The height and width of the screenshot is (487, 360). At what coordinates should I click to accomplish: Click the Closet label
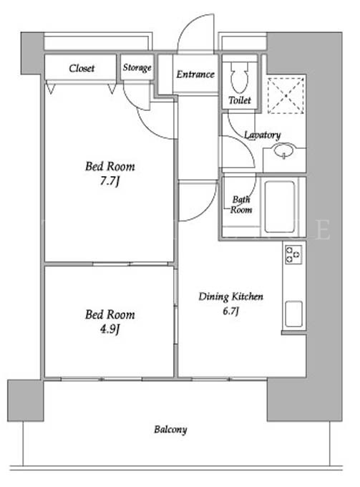pyautogui.click(x=82, y=68)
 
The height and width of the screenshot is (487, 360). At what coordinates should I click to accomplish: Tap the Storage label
pyautogui.click(x=137, y=68)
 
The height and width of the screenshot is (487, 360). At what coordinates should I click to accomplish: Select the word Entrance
pyautogui.click(x=195, y=74)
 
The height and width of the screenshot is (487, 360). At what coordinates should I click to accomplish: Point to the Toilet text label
pyautogui.click(x=240, y=100)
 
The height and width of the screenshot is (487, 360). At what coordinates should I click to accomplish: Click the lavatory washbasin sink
pyautogui.click(x=283, y=150)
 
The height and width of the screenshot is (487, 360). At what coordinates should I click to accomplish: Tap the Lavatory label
pyautogui.click(x=262, y=135)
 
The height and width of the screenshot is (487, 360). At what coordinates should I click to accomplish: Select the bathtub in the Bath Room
pyautogui.click(x=280, y=206)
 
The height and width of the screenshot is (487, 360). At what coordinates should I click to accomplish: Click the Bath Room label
pyautogui.click(x=241, y=204)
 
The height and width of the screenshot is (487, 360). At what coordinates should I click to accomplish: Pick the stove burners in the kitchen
pyautogui.click(x=293, y=255)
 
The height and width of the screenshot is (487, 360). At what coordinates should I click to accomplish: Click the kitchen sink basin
pyautogui.click(x=293, y=314)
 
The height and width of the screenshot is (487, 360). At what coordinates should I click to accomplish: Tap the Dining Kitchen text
pyautogui.click(x=230, y=296)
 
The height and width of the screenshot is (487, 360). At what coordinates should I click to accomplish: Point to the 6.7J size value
pyautogui.click(x=230, y=311)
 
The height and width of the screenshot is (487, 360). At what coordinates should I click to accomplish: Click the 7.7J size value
pyautogui.click(x=110, y=180)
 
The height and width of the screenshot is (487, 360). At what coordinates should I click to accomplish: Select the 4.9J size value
pyautogui.click(x=110, y=329)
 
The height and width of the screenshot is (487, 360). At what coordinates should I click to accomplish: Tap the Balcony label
pyautogui.click(x=170, y=430)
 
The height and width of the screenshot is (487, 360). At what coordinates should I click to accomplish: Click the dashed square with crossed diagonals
pyautogui.click(x=286, y=95)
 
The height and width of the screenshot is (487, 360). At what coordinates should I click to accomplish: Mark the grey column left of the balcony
pyautogui.click(x=26, y=400)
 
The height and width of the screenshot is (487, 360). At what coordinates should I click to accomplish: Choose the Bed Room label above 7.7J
pyautogui.click(x=110, y=166)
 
